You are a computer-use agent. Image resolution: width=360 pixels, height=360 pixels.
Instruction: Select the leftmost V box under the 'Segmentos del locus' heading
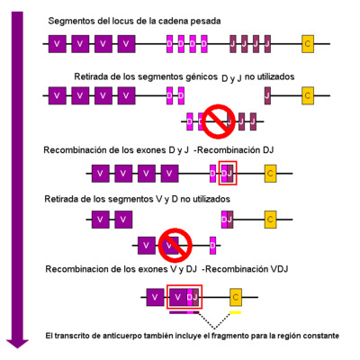click(58, 42)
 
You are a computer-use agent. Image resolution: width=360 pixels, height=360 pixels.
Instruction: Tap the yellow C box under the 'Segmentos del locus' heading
click(309, 42)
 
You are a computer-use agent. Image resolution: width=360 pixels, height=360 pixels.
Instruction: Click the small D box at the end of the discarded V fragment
click(211, 243)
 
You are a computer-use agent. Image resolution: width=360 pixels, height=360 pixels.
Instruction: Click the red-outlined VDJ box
click(185, 295)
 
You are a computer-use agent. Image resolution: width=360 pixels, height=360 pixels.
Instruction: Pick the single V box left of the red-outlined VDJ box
click(155, 295)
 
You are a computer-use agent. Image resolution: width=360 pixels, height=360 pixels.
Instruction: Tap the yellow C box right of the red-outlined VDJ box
click(236, 295)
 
